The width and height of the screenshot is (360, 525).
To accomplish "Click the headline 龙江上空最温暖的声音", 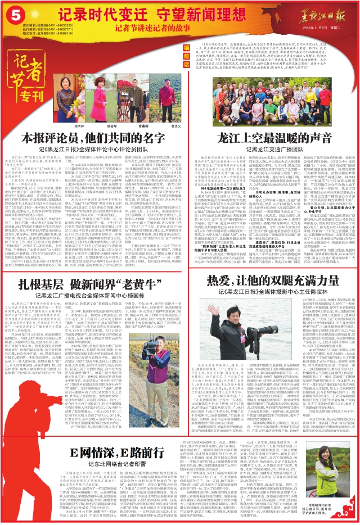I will coord(269,138).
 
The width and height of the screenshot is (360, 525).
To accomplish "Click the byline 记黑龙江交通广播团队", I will coord(269,150).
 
